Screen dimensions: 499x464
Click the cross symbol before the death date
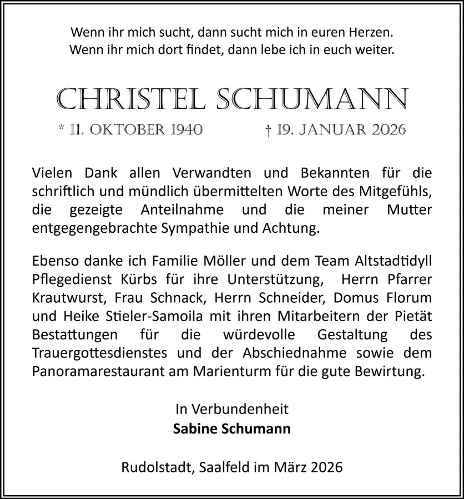(268, 130)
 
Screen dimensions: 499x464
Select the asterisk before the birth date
(62, 129)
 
